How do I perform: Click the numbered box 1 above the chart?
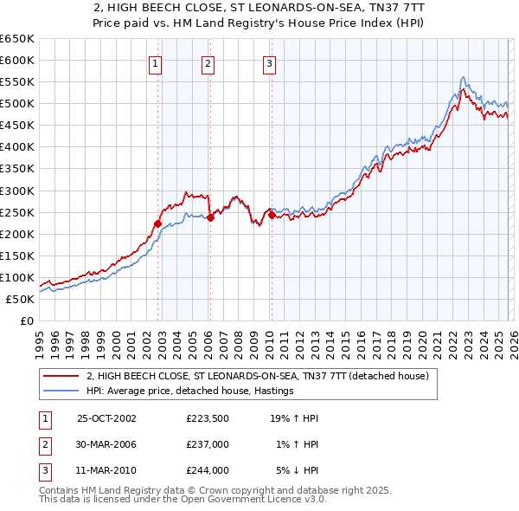click(x=155, y=62)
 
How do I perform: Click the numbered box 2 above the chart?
click(x=208, y=62)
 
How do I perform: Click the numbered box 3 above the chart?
click(x=269, y=62)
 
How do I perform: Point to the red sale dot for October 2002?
click(x=158, y=223)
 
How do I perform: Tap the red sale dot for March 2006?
click(x=210, y=217)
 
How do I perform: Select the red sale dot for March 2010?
click(x=271, y=215)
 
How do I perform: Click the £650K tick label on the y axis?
click(x=16, y=39)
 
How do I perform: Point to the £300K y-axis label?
click(x=16, y=191)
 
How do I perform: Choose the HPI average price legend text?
click(x=190, y=391)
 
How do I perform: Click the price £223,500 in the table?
click(x=208, y=418)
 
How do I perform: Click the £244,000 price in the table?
click(x=208, y=470)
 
